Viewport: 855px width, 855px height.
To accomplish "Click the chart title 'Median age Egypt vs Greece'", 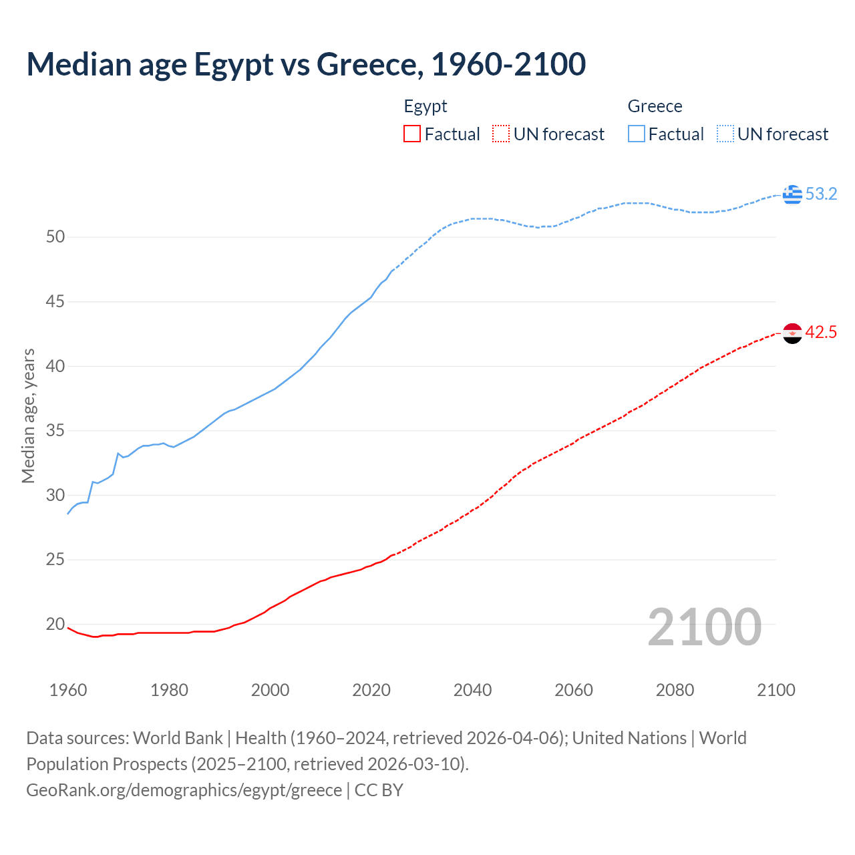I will coord(306,65).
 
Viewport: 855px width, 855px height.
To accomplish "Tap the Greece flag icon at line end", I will coord(792,194).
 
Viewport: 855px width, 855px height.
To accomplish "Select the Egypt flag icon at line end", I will coord(792,333).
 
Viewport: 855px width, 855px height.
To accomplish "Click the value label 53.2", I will coord(821,194).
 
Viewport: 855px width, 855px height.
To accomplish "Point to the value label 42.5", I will coord(821,333).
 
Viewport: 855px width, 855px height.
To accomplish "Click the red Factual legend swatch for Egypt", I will coord(412,134).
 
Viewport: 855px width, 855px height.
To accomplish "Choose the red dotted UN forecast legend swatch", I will coord(501,134).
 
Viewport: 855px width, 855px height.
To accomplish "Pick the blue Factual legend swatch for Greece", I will coord(637,134).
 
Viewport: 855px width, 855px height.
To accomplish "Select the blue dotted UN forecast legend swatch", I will coord(725,134).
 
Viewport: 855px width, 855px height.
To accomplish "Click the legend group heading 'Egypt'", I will coord(425,107).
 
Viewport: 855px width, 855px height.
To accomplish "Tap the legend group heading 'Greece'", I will coord(655,107).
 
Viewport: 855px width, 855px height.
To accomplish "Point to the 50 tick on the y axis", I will coord(55,237).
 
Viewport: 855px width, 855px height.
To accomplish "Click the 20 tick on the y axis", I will coord(55,625).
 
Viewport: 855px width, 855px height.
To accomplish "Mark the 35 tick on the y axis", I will coord(55,431).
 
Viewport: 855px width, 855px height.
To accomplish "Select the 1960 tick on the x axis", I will coord(68,690).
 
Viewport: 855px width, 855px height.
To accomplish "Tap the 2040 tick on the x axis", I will coord(472,690).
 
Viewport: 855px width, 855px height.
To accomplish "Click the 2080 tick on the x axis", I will coord(675,690).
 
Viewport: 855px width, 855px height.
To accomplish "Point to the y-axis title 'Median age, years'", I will coord(28,415).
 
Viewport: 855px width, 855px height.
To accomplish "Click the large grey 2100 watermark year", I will coord(704,627).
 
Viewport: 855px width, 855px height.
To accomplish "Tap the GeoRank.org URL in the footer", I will coord(184,790).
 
